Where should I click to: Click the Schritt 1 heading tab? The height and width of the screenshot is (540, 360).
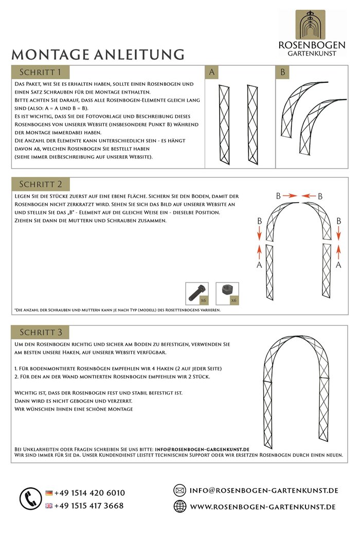pos(40,71)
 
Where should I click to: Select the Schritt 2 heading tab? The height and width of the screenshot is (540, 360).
pos(41,184)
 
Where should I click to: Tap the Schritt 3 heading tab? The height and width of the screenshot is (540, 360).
pos(41,332)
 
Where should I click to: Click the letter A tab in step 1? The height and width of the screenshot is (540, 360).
pos(212,73)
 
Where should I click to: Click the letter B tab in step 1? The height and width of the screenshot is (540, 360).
pos(282,73)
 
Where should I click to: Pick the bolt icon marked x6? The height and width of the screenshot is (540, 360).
pos(197,294)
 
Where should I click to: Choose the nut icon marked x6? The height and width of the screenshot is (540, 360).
pos(227,294)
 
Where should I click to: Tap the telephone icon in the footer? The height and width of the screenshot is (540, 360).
pos(30,498)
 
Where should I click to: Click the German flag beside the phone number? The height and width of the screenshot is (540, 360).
pos(49,493)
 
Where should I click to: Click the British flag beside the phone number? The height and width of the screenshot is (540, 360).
pos(49,506)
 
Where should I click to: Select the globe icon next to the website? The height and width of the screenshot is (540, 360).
pos(179,507)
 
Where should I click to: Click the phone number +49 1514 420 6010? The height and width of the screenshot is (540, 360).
pos(89,493)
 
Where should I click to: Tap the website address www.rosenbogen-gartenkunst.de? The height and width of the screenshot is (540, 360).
pos(263,507)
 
